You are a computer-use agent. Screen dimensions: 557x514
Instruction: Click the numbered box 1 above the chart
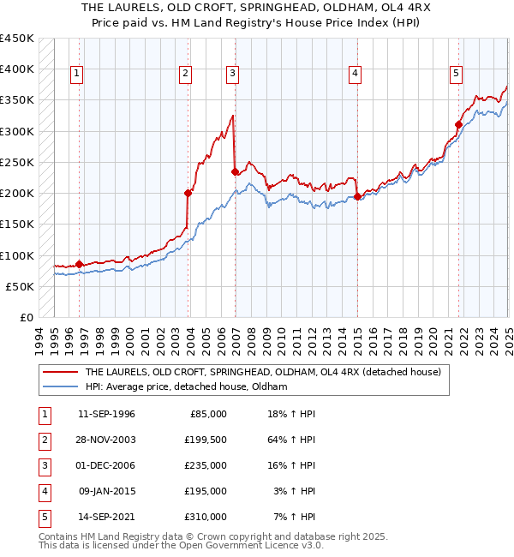[77, 75]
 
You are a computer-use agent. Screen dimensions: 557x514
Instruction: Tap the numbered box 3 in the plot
[232, 75]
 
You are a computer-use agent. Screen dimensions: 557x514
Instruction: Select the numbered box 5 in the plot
[457, 75]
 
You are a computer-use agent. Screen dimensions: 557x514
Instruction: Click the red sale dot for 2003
[188, 193]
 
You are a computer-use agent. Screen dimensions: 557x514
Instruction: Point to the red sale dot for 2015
[357, 196]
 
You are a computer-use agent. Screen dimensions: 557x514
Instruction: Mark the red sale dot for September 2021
[458, 124]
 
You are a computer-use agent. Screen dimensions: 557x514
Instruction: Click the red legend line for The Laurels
[60, 372]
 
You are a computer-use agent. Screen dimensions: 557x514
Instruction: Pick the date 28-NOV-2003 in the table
[106, 440]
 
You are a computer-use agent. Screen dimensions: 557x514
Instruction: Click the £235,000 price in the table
[206, 465]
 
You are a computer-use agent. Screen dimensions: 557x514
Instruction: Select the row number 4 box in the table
[43, 491]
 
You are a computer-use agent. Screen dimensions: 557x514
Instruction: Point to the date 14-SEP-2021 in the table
[106, 517]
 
